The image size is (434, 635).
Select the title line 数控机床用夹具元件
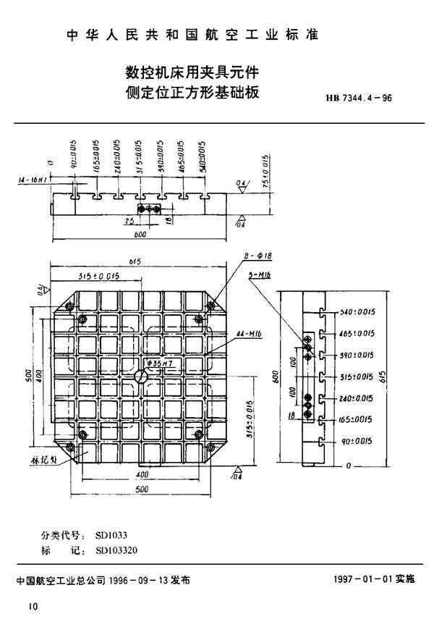click(x=193, y=72)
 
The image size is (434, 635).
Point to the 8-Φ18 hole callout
click(x=258, y=256)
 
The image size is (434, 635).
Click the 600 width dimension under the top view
click(x=139, y=235)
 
